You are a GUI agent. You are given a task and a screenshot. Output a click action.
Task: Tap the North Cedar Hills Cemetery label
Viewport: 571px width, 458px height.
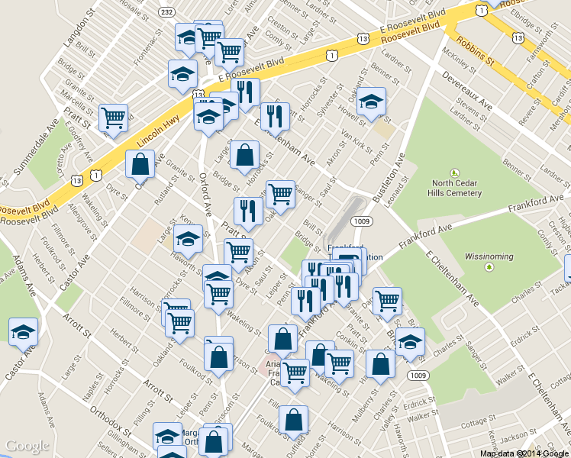[456, 188]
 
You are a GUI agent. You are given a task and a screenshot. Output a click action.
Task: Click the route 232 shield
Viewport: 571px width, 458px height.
[167, 12]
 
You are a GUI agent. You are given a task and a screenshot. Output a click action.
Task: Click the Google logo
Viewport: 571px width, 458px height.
[27, 447]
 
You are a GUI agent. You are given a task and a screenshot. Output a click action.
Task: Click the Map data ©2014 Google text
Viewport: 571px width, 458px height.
[524, 453]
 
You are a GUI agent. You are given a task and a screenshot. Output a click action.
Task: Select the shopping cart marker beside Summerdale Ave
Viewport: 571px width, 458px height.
[113, 118]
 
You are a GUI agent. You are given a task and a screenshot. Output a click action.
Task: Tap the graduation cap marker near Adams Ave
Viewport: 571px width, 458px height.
[23, 332]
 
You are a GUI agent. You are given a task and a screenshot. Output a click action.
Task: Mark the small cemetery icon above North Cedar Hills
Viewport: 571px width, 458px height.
[456, 173]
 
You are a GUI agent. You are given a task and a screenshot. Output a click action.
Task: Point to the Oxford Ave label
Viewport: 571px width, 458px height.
[205, 192]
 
